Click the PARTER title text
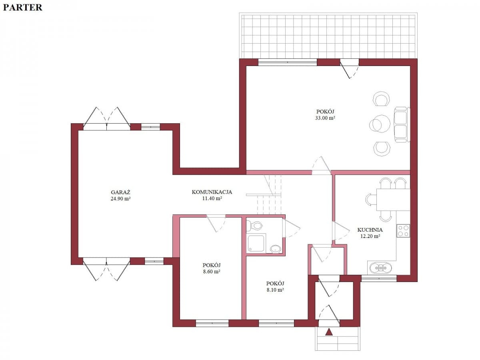[22, 7]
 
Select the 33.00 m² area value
[325, 118]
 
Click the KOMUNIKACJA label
[212, 192]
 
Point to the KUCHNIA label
[370, 230]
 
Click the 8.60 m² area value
[212, 272]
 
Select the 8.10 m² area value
[276, 290]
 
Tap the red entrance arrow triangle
[329, 332]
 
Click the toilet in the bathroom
[256, 226]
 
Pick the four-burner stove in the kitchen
[403, 230]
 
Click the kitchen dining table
[393, 199]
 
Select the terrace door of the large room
[350, 68]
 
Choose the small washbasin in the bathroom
[276, 249]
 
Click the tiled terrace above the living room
[328, 36]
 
